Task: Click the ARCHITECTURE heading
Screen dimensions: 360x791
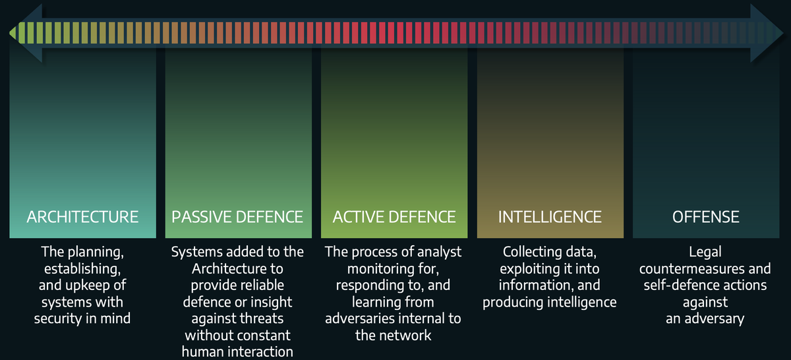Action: pos(82,217)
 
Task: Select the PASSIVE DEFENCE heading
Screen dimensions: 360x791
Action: pos(237,217)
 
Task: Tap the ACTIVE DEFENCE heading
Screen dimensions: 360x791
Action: pos(394,217)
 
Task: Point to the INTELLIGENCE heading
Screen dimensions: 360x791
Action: pos(550,217)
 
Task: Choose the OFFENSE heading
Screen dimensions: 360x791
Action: pos(705,217)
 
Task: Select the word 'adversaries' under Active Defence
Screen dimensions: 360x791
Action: pos(359,319)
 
